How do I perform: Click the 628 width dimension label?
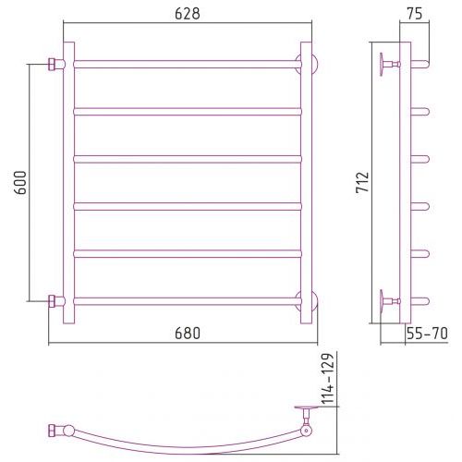coord(188,14)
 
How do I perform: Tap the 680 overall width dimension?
coord(188,334)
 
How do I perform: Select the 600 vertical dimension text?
coord(20,182)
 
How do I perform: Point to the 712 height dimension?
coord(362,182)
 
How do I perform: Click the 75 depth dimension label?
coord(415,14)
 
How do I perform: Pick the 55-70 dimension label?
coord(427,334)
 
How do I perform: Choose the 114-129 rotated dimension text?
coord(328,379)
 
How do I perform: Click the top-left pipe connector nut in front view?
coord(52,65)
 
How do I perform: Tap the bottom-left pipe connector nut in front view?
coord(52,301)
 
